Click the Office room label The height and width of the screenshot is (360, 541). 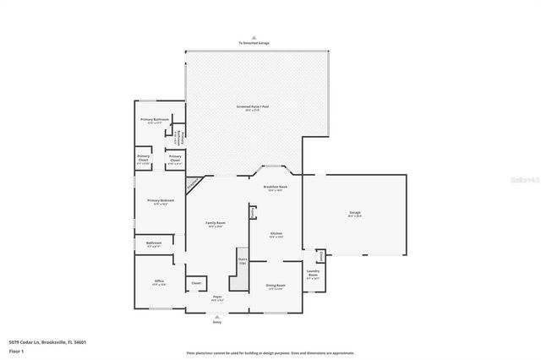[x=159, y=282]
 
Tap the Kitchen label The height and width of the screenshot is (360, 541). [x=276, y=235]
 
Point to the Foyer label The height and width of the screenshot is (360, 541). [x=217, y=298]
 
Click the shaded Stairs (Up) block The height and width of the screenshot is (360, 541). [x=243, y=262]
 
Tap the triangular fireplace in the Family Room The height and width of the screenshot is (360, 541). [x=194, y=182]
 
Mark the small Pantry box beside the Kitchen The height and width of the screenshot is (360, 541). [x=252, y=210]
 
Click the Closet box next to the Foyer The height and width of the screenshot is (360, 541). [x=196, y=283]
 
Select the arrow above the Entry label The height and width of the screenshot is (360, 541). [x=217, y=317]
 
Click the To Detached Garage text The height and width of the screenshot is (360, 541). [x=253, y=43]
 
